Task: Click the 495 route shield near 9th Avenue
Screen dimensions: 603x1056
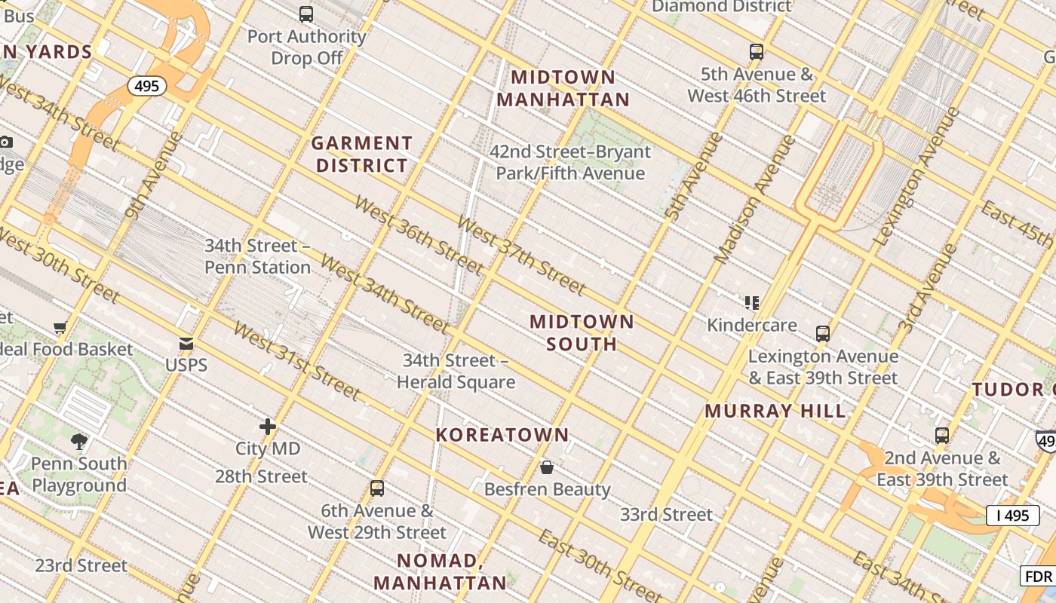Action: tap(146, 86)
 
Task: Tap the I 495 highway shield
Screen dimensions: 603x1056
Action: tap(1012, 516)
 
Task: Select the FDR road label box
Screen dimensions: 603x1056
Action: tap(1039, 577)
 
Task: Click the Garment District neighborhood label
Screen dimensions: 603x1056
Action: tap(362, 154)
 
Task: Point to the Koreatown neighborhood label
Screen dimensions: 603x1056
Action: tap(502, 435)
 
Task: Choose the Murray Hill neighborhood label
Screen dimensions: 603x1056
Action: tap(775, 412)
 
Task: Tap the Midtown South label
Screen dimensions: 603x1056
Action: tap(582, 332)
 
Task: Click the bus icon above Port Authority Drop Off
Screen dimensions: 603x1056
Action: tap(305, 14)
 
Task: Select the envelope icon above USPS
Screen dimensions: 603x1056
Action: tap(186, 344)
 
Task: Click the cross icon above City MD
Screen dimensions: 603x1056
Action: tap(268, 427)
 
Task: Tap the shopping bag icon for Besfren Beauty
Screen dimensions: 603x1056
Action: tap(547, 467)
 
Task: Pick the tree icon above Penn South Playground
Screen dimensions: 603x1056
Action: tap(78, 441)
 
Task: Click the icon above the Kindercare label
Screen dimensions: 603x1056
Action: tap(751, 303)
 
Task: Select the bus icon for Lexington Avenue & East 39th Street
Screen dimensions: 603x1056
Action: tap(823, 333)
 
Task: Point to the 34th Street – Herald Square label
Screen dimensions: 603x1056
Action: tap(456, 371)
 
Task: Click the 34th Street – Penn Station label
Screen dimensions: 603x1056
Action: tap(257, 256)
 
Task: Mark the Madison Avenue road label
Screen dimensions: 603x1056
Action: tap(754, 200)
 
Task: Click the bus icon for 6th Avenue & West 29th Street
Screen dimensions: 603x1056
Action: tap(377, 488)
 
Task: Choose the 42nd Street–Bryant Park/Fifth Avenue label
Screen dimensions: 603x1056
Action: tap(569, 162)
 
